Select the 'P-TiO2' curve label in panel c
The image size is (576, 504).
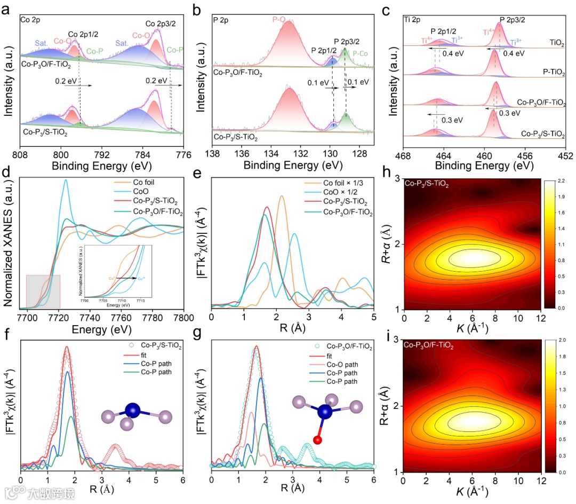point(553,75)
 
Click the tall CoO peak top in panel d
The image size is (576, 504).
point(66,180)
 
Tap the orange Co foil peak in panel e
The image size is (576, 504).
point(282,196)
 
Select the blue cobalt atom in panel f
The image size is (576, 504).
point(133,411)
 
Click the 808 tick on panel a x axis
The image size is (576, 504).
point(20,155)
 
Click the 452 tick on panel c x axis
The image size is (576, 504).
point(565,155)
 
